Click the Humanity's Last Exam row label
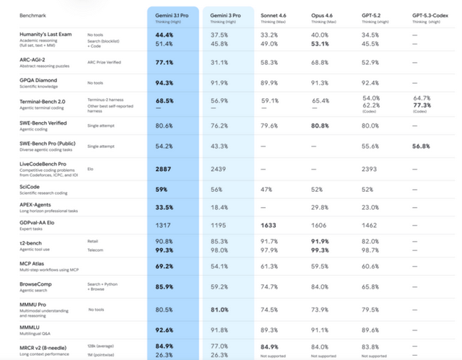click(x=45, y=35)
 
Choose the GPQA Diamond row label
click(x=39, y=80)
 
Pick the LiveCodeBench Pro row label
click(x=43, y=164)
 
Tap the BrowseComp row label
click(x=36, y=284)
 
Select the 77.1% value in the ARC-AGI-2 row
click(x=164, y=62)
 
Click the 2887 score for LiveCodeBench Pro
click(x=163, y=168)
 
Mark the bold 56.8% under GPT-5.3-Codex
click(x=421, y=146)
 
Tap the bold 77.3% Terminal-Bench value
click(x=422, y=105)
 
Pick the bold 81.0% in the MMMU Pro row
click(x=221, y=309)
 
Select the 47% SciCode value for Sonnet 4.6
click(x=266, y=189)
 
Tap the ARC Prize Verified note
click(x=105, y=62)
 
